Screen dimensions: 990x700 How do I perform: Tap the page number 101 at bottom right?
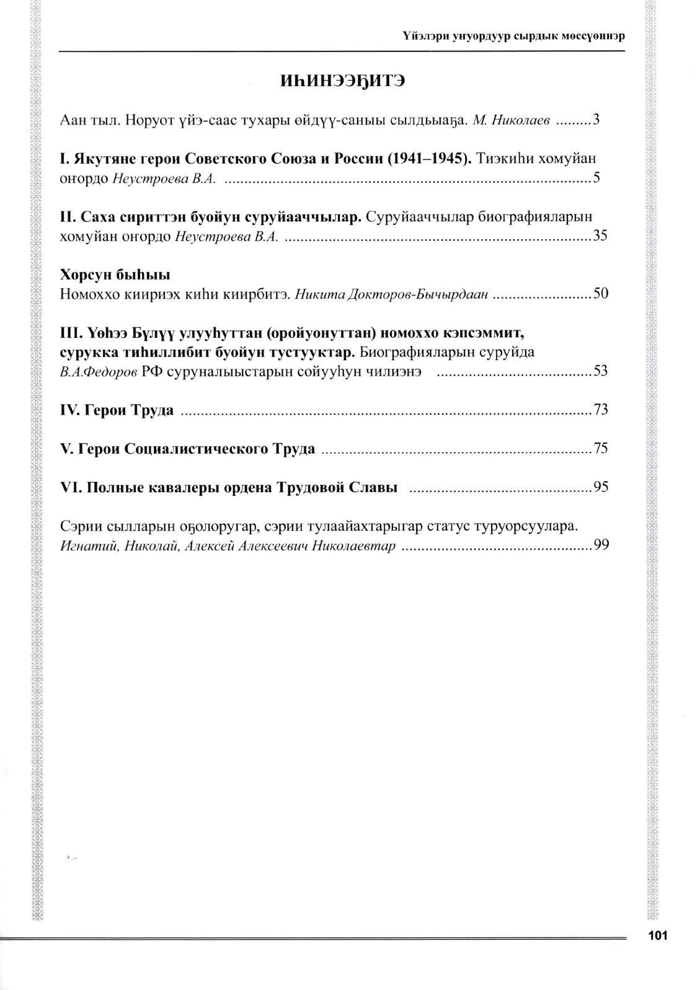(x=657, y=935)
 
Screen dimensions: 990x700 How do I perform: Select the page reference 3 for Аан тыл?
(x=596, y=120)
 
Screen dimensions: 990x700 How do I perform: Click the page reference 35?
(x=600, y=236)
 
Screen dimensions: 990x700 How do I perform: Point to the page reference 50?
(x=600, y=294)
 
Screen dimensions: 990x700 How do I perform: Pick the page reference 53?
(x=600, y=371)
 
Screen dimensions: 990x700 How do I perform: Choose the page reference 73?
(x=600, y=410)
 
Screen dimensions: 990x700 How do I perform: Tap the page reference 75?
(x=600, y=448)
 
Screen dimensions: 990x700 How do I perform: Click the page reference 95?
(x=600, y=487)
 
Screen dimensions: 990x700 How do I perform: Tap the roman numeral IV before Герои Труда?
(x=69, y=410)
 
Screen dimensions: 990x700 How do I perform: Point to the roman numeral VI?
(x=70, y=487)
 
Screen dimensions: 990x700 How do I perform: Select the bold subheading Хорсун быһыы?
(x=115, y=275)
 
